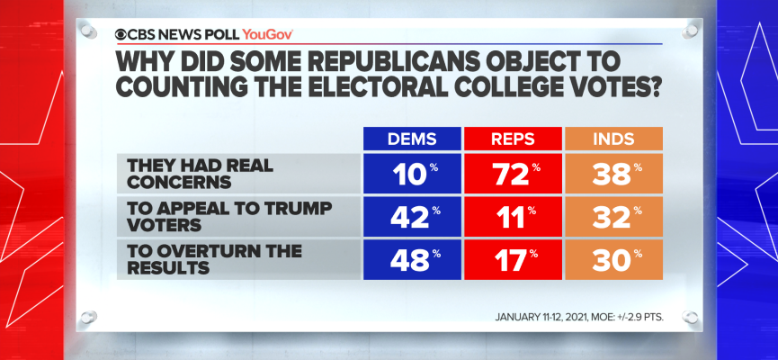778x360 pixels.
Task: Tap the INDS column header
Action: coord(612,139)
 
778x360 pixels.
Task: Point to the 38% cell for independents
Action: coord(612,173)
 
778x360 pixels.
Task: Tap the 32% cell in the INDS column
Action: coord(612,216)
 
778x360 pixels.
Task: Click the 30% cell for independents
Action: coord(612,258)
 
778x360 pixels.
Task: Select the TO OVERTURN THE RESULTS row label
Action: coord(193,258)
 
